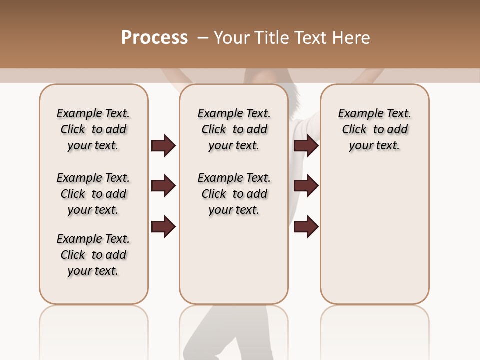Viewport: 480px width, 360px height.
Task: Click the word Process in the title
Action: click(154, 38)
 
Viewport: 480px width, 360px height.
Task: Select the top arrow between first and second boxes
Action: click(163, 146)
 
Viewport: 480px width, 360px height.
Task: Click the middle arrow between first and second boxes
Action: click(163, 186)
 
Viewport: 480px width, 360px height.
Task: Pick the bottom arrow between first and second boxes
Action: click(163, 227)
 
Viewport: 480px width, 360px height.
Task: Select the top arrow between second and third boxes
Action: click(306, 146)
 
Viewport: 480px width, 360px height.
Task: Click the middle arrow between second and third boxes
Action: click(306, 186)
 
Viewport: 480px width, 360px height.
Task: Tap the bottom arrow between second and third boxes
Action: click(306, 227)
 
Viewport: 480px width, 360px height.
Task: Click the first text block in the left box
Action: click(93, 129)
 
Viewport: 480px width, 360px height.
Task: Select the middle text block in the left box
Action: click(93, 194)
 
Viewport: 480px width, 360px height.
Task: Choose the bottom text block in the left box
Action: click(93, 255)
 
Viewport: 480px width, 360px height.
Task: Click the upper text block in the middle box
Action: click(234, 129)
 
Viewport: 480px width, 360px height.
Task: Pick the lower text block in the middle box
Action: click(234, 194)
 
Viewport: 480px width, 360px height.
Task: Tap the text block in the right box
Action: click(374, 129)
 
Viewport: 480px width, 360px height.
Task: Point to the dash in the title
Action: click(202, 38)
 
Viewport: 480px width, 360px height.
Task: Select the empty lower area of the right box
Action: click(374, 235)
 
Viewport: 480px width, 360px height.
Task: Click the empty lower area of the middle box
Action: click(234, 260)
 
